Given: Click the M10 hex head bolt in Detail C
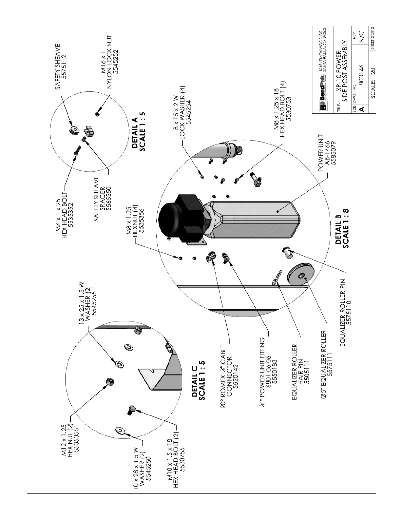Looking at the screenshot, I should (131, 410).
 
